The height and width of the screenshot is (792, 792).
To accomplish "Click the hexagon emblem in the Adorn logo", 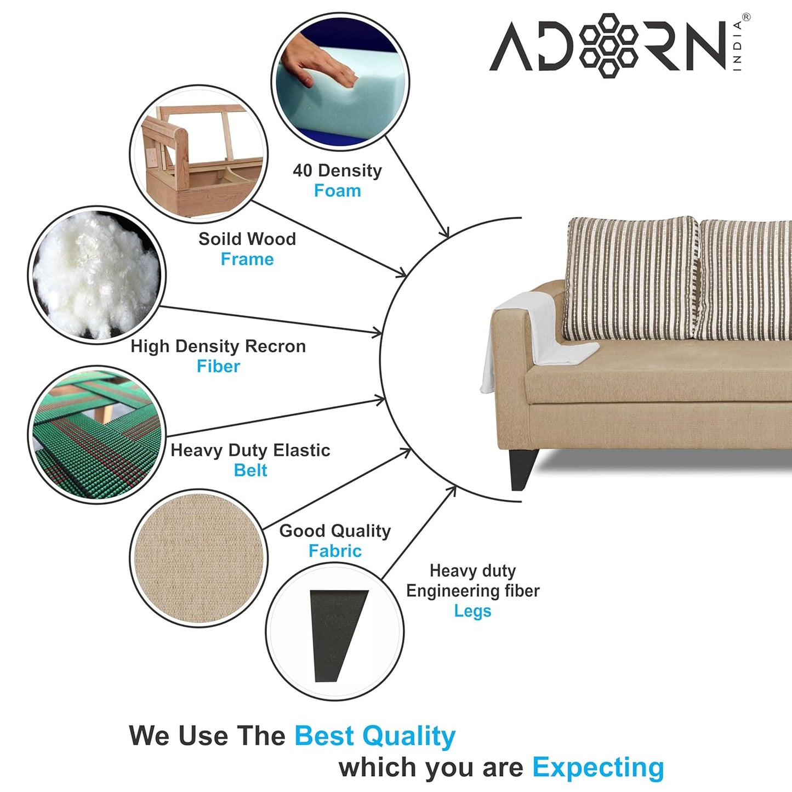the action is click(609, 45).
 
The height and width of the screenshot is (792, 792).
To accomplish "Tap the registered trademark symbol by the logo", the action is click(746, 17).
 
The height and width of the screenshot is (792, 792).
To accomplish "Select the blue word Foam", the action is click(338, 191).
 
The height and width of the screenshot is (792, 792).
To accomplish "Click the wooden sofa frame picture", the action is click(199, 154).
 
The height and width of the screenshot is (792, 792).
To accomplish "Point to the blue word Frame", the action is click(247, 259).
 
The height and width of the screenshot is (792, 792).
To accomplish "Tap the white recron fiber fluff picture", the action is click(96, 275).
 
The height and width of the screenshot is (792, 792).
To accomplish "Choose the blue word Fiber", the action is click(218, 366).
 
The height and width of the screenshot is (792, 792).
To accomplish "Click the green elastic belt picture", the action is click(96, 435).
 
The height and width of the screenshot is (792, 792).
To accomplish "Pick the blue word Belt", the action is click(250, 470).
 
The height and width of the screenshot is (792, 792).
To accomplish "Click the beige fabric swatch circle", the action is click(199, 558).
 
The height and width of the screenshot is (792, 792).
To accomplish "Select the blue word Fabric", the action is click(335, 551).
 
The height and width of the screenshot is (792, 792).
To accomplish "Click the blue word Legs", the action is click(472, 611).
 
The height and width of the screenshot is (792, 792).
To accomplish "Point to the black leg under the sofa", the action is click(522, 469).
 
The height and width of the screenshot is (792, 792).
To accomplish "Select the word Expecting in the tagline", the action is click(598, 767).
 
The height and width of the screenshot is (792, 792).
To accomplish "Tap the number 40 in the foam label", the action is click(302, 170).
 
